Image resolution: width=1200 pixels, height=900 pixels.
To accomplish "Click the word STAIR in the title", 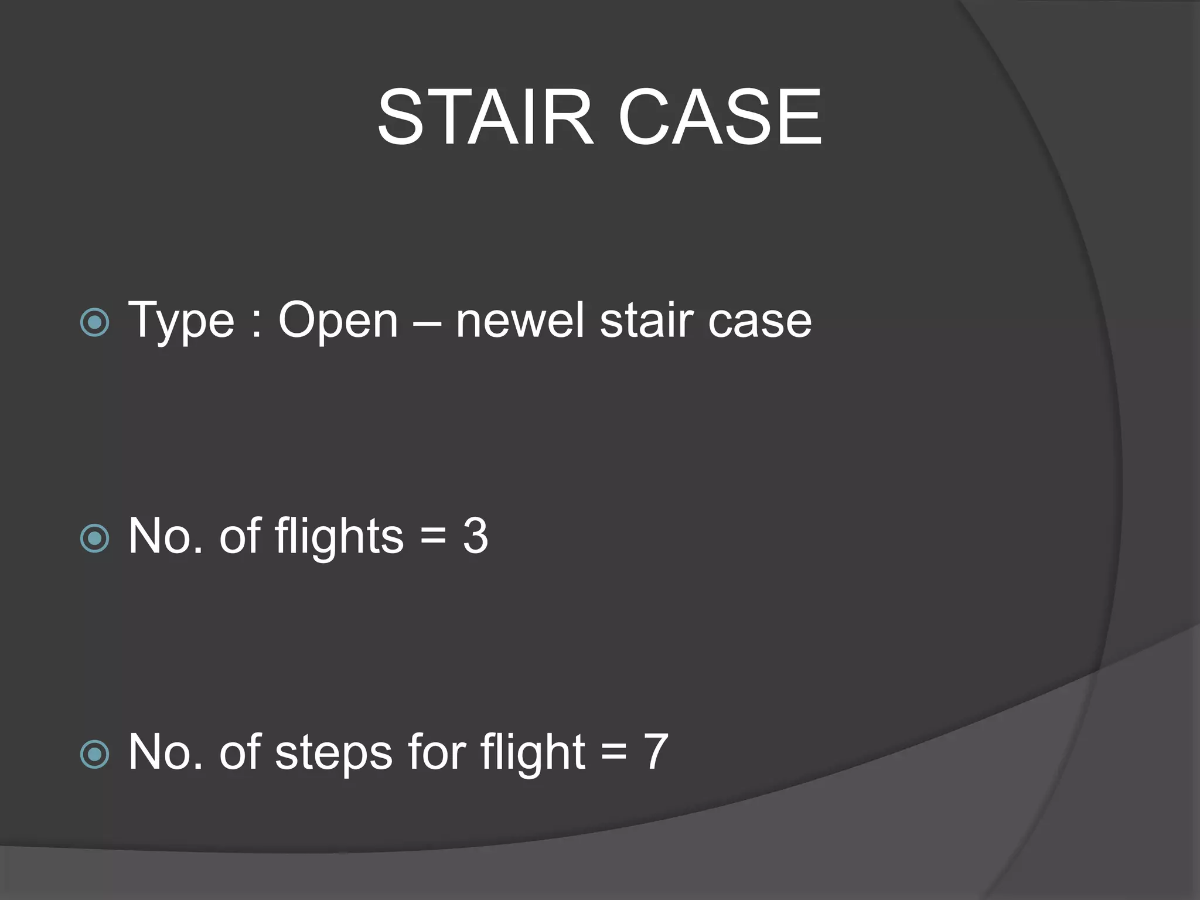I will [x=485, y=117].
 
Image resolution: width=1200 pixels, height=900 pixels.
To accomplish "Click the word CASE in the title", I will [x=720, y=117].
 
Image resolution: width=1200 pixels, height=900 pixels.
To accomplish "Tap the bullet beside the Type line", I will [x=94, y=322].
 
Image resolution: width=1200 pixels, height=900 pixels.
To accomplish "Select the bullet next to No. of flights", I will [x=94, y=538].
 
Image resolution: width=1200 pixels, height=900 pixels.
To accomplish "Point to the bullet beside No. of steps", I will [x=94, y=754].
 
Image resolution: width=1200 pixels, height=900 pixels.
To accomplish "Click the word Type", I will [x=181, y=321].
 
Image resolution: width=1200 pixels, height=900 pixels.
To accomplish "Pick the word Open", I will [x=338, y=321].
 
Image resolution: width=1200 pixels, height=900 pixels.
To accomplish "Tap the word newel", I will [x=520, y=320].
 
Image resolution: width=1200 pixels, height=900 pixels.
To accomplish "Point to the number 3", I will [x=475, y=536].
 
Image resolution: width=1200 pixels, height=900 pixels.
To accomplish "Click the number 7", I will [x=656, y=752].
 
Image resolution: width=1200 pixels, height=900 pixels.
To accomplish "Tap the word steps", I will [x=333, y=753].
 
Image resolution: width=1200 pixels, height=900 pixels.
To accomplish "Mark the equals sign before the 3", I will [x=433, y=537].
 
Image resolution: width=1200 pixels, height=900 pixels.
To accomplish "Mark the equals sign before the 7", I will [x=613, y=752].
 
